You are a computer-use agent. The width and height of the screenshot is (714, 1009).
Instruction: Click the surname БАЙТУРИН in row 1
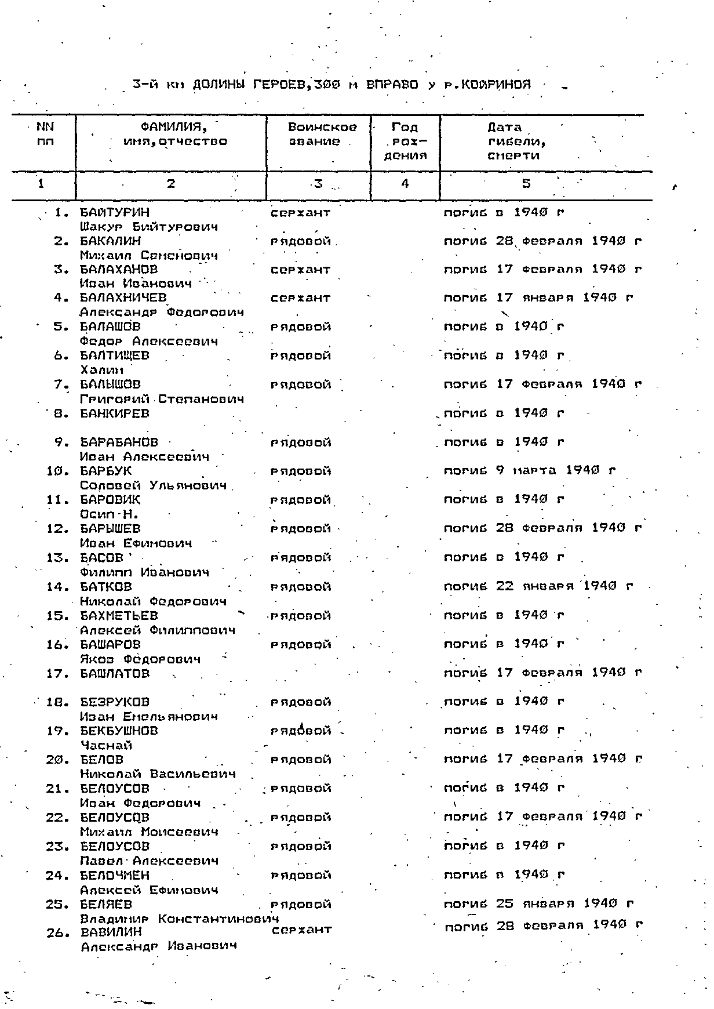114,212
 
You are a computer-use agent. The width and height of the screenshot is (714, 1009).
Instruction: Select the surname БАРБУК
105,471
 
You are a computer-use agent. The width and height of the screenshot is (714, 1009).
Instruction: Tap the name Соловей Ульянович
153,485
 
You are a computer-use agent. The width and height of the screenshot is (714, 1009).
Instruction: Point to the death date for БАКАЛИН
543,241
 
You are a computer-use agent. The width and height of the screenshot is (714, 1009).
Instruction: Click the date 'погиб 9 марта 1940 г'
530,471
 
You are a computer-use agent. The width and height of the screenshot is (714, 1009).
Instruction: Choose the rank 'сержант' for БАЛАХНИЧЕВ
300,298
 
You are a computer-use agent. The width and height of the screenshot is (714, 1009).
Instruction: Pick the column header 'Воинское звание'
322,134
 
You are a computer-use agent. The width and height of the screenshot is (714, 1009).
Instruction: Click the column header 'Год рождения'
405,141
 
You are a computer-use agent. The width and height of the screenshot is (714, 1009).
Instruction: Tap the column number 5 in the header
526,184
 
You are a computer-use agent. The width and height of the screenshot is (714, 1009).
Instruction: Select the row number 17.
58,673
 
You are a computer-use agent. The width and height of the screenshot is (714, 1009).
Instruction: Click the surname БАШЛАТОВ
115,673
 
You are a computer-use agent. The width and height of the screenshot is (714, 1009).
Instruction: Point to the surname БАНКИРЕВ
114,413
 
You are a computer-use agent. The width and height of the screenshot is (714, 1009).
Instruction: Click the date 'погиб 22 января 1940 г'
538,586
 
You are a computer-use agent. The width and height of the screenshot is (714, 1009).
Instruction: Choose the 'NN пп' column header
45,134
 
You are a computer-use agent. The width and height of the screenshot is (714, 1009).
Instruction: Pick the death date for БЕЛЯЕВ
538,903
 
